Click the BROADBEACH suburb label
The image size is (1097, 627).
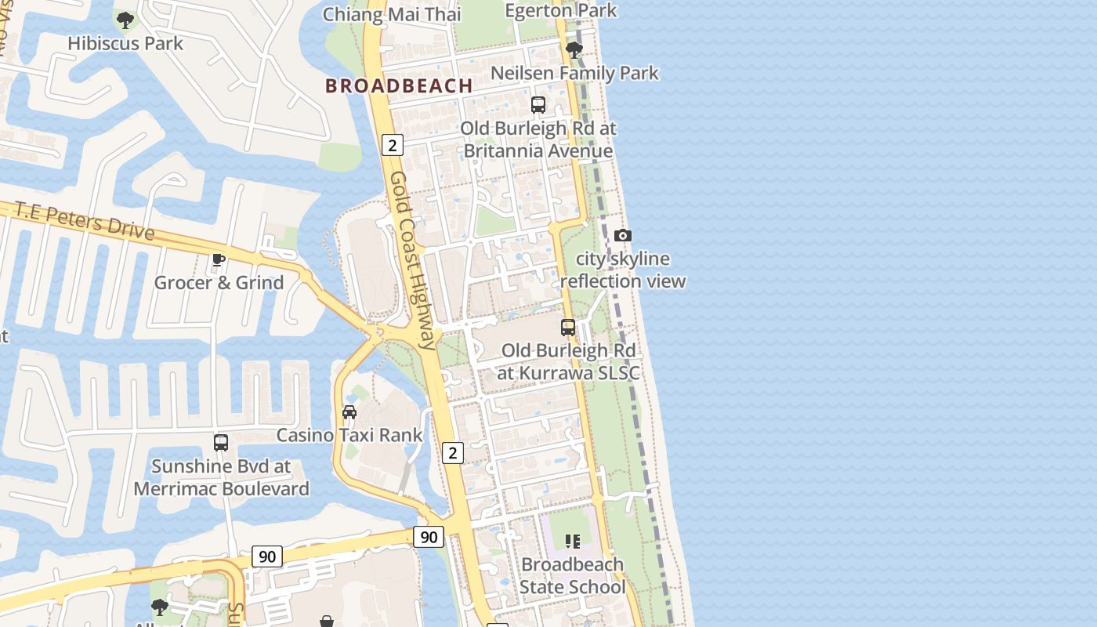(399, 85)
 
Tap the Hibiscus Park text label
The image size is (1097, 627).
(125, 43)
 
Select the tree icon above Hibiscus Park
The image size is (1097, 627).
(125, 20)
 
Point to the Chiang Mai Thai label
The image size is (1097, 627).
(392, 14)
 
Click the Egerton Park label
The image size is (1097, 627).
(561, 10)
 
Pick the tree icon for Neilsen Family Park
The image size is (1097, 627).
(574, 50)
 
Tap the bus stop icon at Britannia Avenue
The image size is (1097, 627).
(538, 105)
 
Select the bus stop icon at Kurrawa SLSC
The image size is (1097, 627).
(568, 328)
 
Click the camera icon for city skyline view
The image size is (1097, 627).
(623, 235)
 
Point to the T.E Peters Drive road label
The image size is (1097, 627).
(85, 219)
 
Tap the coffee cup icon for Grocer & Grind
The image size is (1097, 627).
(219, 259)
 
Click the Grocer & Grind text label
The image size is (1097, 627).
(219, 282)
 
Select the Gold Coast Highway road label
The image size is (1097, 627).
(412, 259)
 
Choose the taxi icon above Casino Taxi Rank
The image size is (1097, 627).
(349, 412)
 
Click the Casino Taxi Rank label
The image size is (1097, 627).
(349, 435)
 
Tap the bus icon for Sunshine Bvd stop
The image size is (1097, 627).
(221, 443)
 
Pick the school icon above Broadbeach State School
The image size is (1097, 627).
(573, 541)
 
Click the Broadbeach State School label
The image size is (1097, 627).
(573, 575)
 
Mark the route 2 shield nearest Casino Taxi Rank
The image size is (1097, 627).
(453, 452)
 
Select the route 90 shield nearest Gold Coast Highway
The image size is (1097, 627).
(429, 537)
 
